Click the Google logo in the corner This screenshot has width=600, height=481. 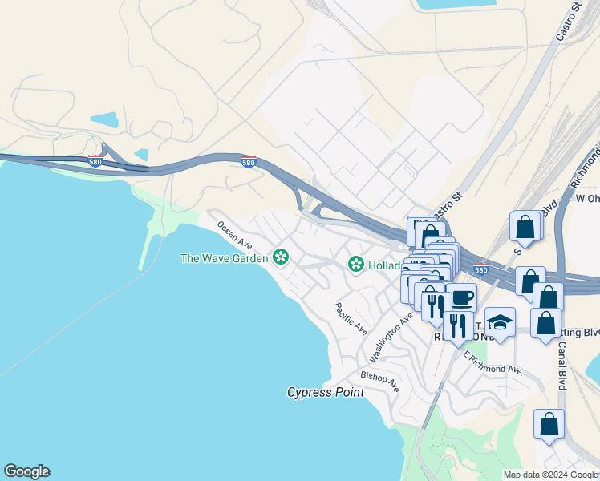tap(26, 471)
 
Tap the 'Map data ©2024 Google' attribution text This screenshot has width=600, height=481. tap(550, 475)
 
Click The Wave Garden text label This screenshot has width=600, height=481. tap(224, 257)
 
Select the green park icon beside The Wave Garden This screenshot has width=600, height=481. tap(281, 257)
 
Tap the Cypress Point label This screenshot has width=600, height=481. tap(326, 392)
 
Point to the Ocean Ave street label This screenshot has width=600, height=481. tap(234, 234)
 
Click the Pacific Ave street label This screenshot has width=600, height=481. tap(351, 318)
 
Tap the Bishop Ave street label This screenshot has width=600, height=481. tap(379, 380)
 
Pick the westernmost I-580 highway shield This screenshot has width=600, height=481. tap(95, 160)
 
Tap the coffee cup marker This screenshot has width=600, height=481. tap(461, 297)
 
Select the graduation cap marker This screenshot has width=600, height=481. tap(500, 322)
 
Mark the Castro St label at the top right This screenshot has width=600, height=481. tap(568, 22)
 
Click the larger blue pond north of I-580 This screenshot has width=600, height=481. tap(103, 120)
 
